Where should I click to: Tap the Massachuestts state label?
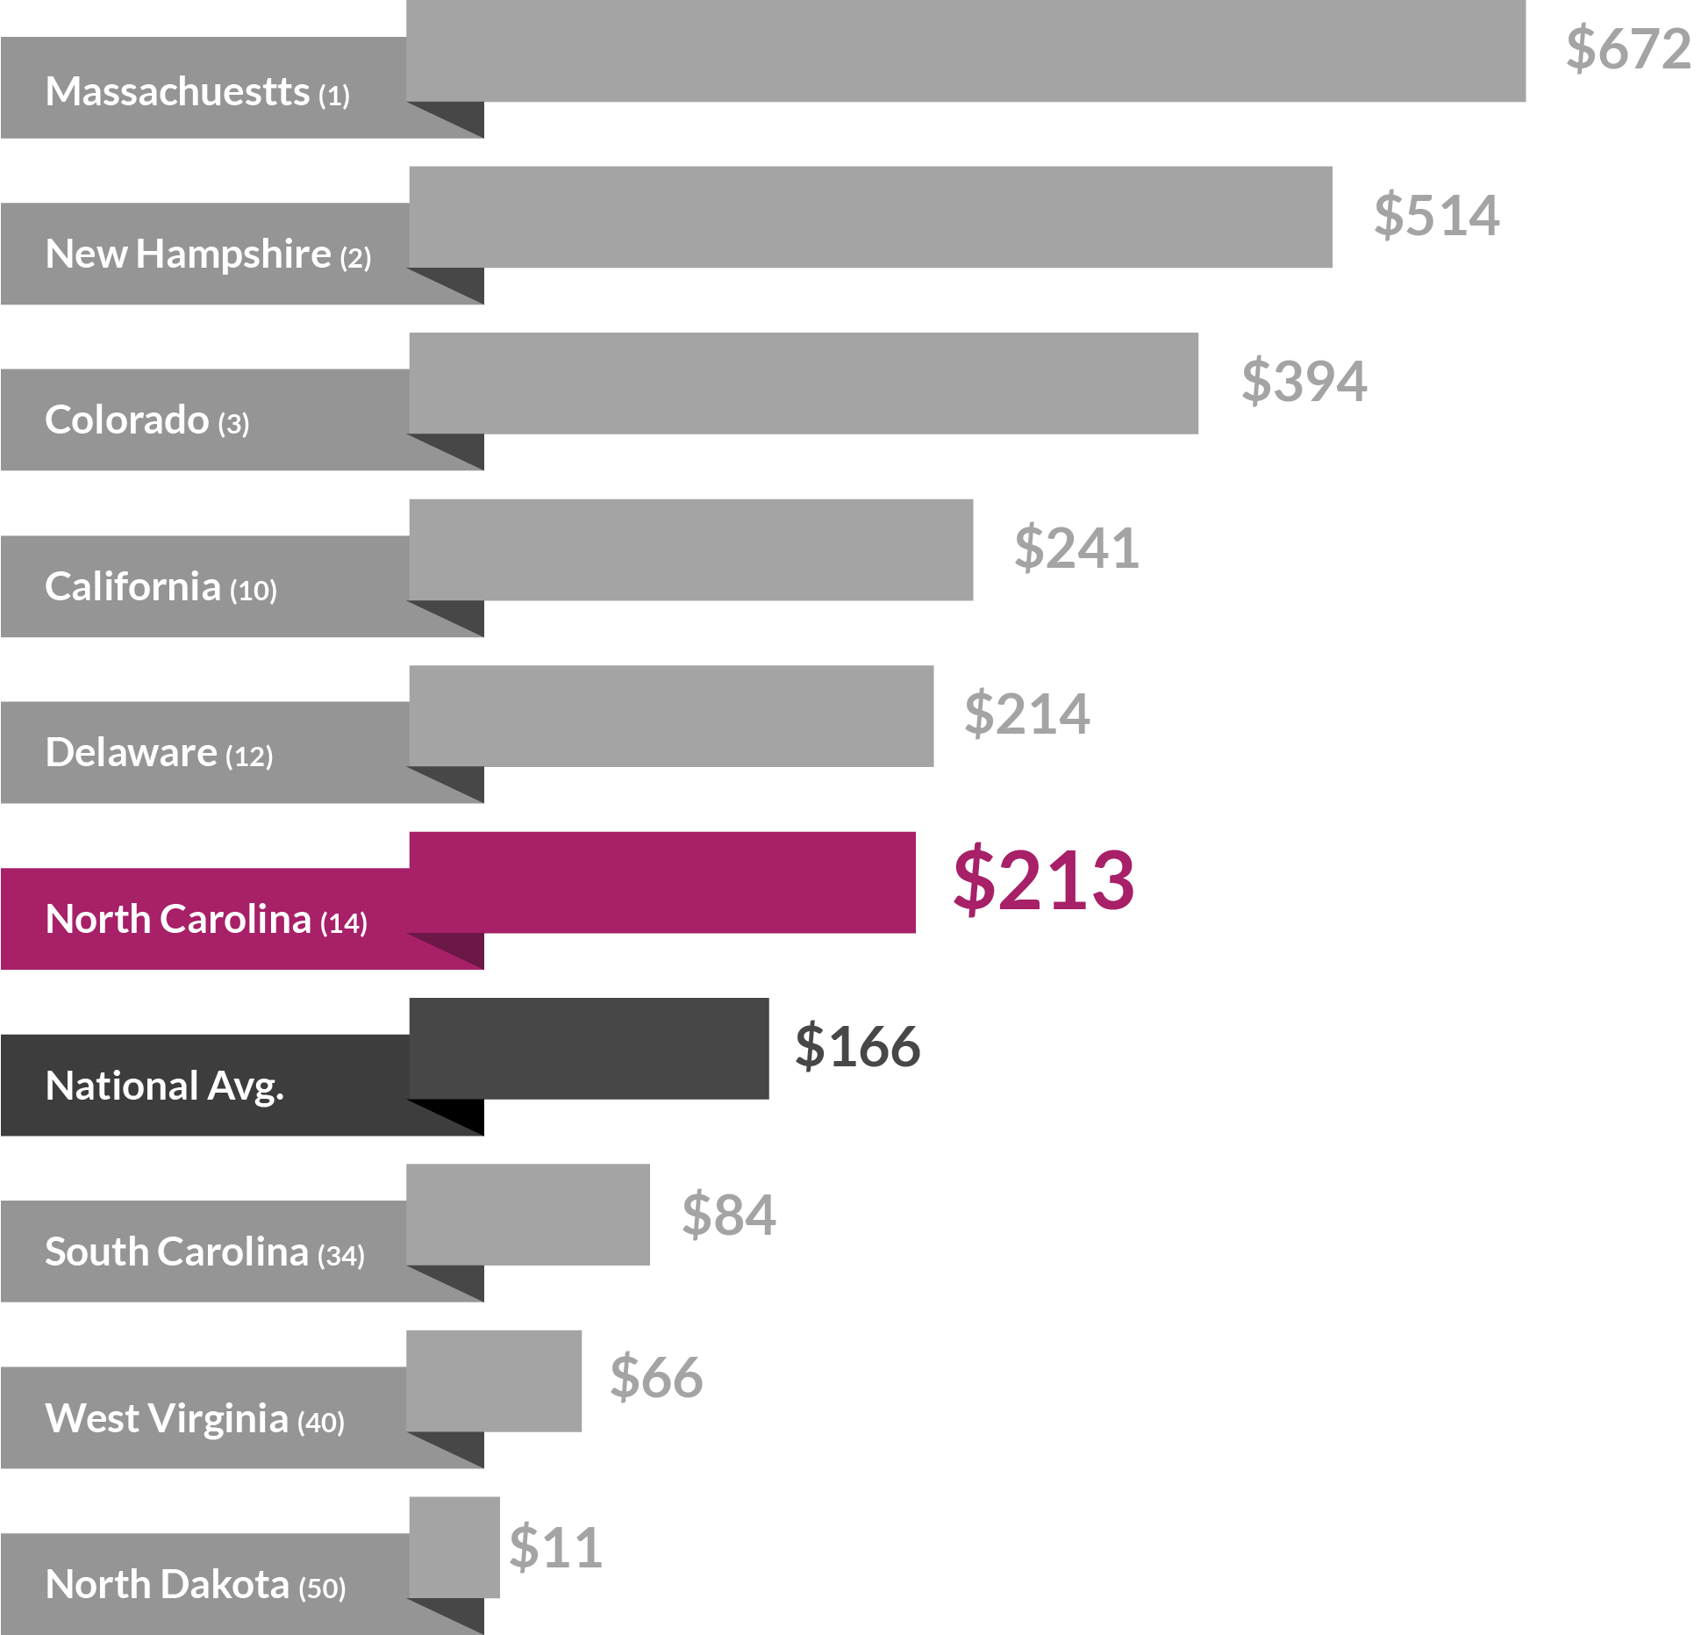[x=197, y=91]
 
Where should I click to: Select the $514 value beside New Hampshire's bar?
[x=1436, y=215]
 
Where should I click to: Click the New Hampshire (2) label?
[x=208, y=255]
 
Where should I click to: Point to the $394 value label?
[x=1304, y=381]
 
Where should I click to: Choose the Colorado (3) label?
[x=147, y=420]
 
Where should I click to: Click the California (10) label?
[x=161, y=587]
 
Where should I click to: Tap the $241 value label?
[x=1076, y=548]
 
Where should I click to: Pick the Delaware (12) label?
[x=159, y=753]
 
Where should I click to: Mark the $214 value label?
[x=1026, y=714]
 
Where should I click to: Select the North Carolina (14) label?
[x=206, y=920]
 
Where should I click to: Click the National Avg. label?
[x=165, y=1086]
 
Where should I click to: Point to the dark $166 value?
[x=857, y=1046]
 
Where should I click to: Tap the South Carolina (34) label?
[x=204, y=1252]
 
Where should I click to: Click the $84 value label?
[x=728, y=1215]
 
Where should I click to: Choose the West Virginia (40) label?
[x=195, y=1419]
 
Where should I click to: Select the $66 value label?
[x=656, y=1377]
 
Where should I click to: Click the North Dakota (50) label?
[x=195, y=1585]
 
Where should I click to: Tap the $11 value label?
[x=554, y=1547]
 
